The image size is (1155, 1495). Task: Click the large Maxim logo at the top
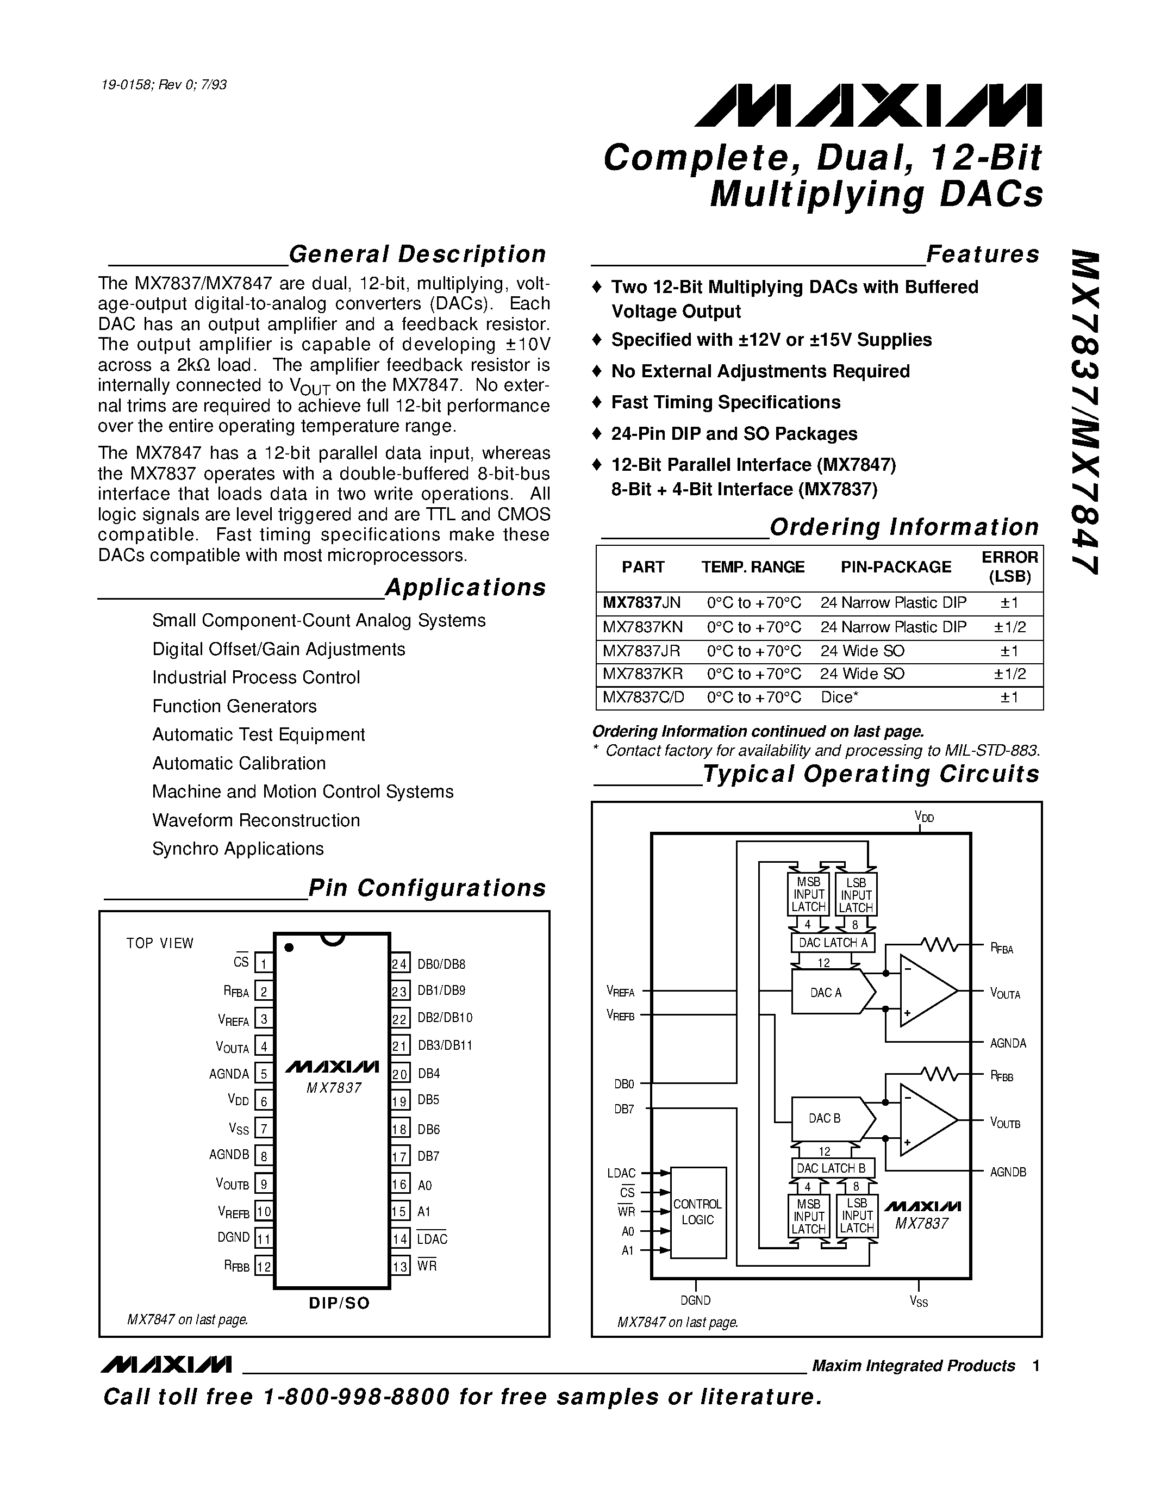[x=867, y=105]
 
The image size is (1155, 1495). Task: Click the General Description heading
[x=417, y=254]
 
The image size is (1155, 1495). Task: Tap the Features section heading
[x=982, y=254]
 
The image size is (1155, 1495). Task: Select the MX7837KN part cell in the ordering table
[x=642, y=627]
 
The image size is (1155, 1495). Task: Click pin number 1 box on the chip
[x=264, y=964]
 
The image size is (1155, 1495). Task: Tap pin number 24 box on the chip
[x=400, y=964]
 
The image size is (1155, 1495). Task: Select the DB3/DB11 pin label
[x=445, y=1045]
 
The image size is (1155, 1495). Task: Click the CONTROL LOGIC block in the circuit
[x=697, y=1212]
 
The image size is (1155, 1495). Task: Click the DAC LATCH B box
[x=832, y=1168]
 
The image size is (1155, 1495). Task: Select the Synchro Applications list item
[x=238, y=849]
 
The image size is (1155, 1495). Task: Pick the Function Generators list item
[x=234, y=706]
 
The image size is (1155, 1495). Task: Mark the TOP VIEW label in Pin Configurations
[x=160, y=943]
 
